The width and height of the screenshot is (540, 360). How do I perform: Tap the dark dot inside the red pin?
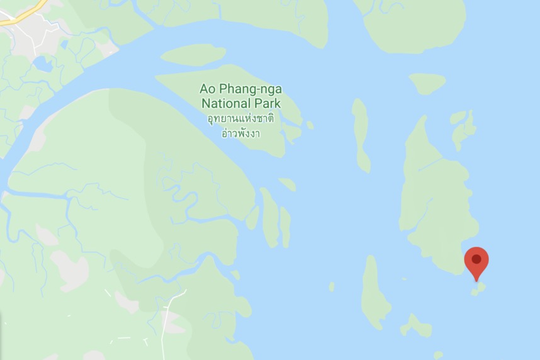point(476,259)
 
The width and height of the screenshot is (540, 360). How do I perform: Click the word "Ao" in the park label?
point(207,89)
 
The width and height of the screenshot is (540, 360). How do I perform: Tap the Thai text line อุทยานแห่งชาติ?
point(240,118)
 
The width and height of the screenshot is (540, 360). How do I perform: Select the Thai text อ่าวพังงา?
point(240,133)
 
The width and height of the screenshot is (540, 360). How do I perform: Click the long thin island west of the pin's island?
point(361,135)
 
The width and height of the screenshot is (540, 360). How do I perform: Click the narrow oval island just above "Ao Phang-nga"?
point(192,55)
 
